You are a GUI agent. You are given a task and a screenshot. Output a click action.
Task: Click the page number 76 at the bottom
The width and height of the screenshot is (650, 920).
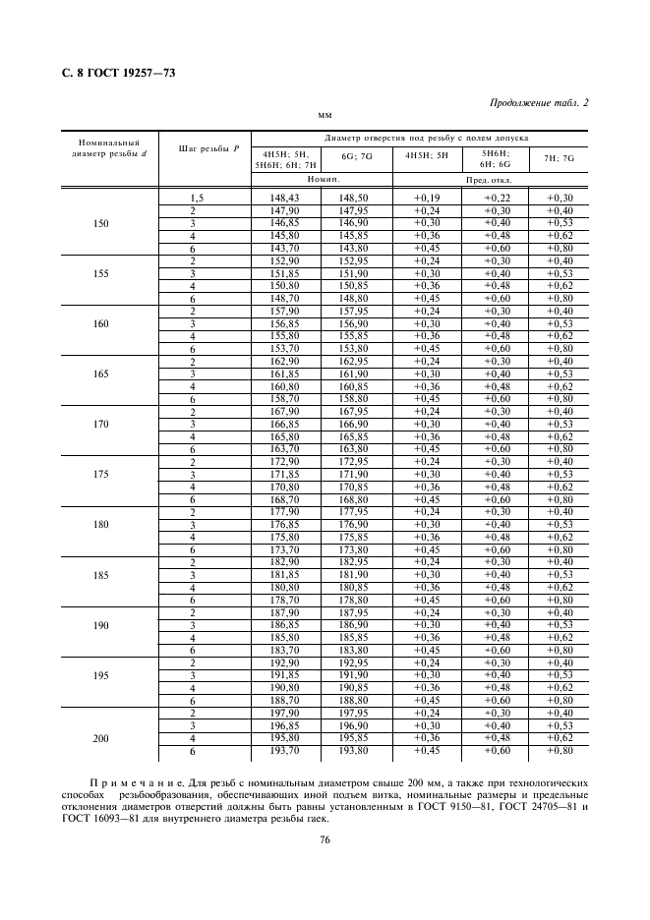tap(324, 839)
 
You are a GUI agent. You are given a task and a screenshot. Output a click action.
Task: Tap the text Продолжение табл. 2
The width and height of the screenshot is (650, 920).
tap(538, 103)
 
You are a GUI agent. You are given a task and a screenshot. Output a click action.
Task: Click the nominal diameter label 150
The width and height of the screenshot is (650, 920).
tap(101, 223)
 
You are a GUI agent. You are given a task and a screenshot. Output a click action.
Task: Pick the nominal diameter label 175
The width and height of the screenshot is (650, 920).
tap(101, 474)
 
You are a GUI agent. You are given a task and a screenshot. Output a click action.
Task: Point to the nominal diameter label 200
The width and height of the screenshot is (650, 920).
tap(101, 738)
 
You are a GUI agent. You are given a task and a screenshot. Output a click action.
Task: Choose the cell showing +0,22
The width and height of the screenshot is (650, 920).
tap(496, 199)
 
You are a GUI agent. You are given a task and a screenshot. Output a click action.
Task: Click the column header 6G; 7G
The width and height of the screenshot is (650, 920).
tap(356, 156)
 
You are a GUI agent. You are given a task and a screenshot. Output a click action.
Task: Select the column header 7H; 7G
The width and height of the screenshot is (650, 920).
tap(559, 156)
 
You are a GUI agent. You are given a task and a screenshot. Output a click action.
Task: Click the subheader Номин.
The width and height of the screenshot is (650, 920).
tap(322, 181)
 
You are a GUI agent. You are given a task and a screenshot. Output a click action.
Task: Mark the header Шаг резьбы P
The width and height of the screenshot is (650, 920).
tap(207, 148)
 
